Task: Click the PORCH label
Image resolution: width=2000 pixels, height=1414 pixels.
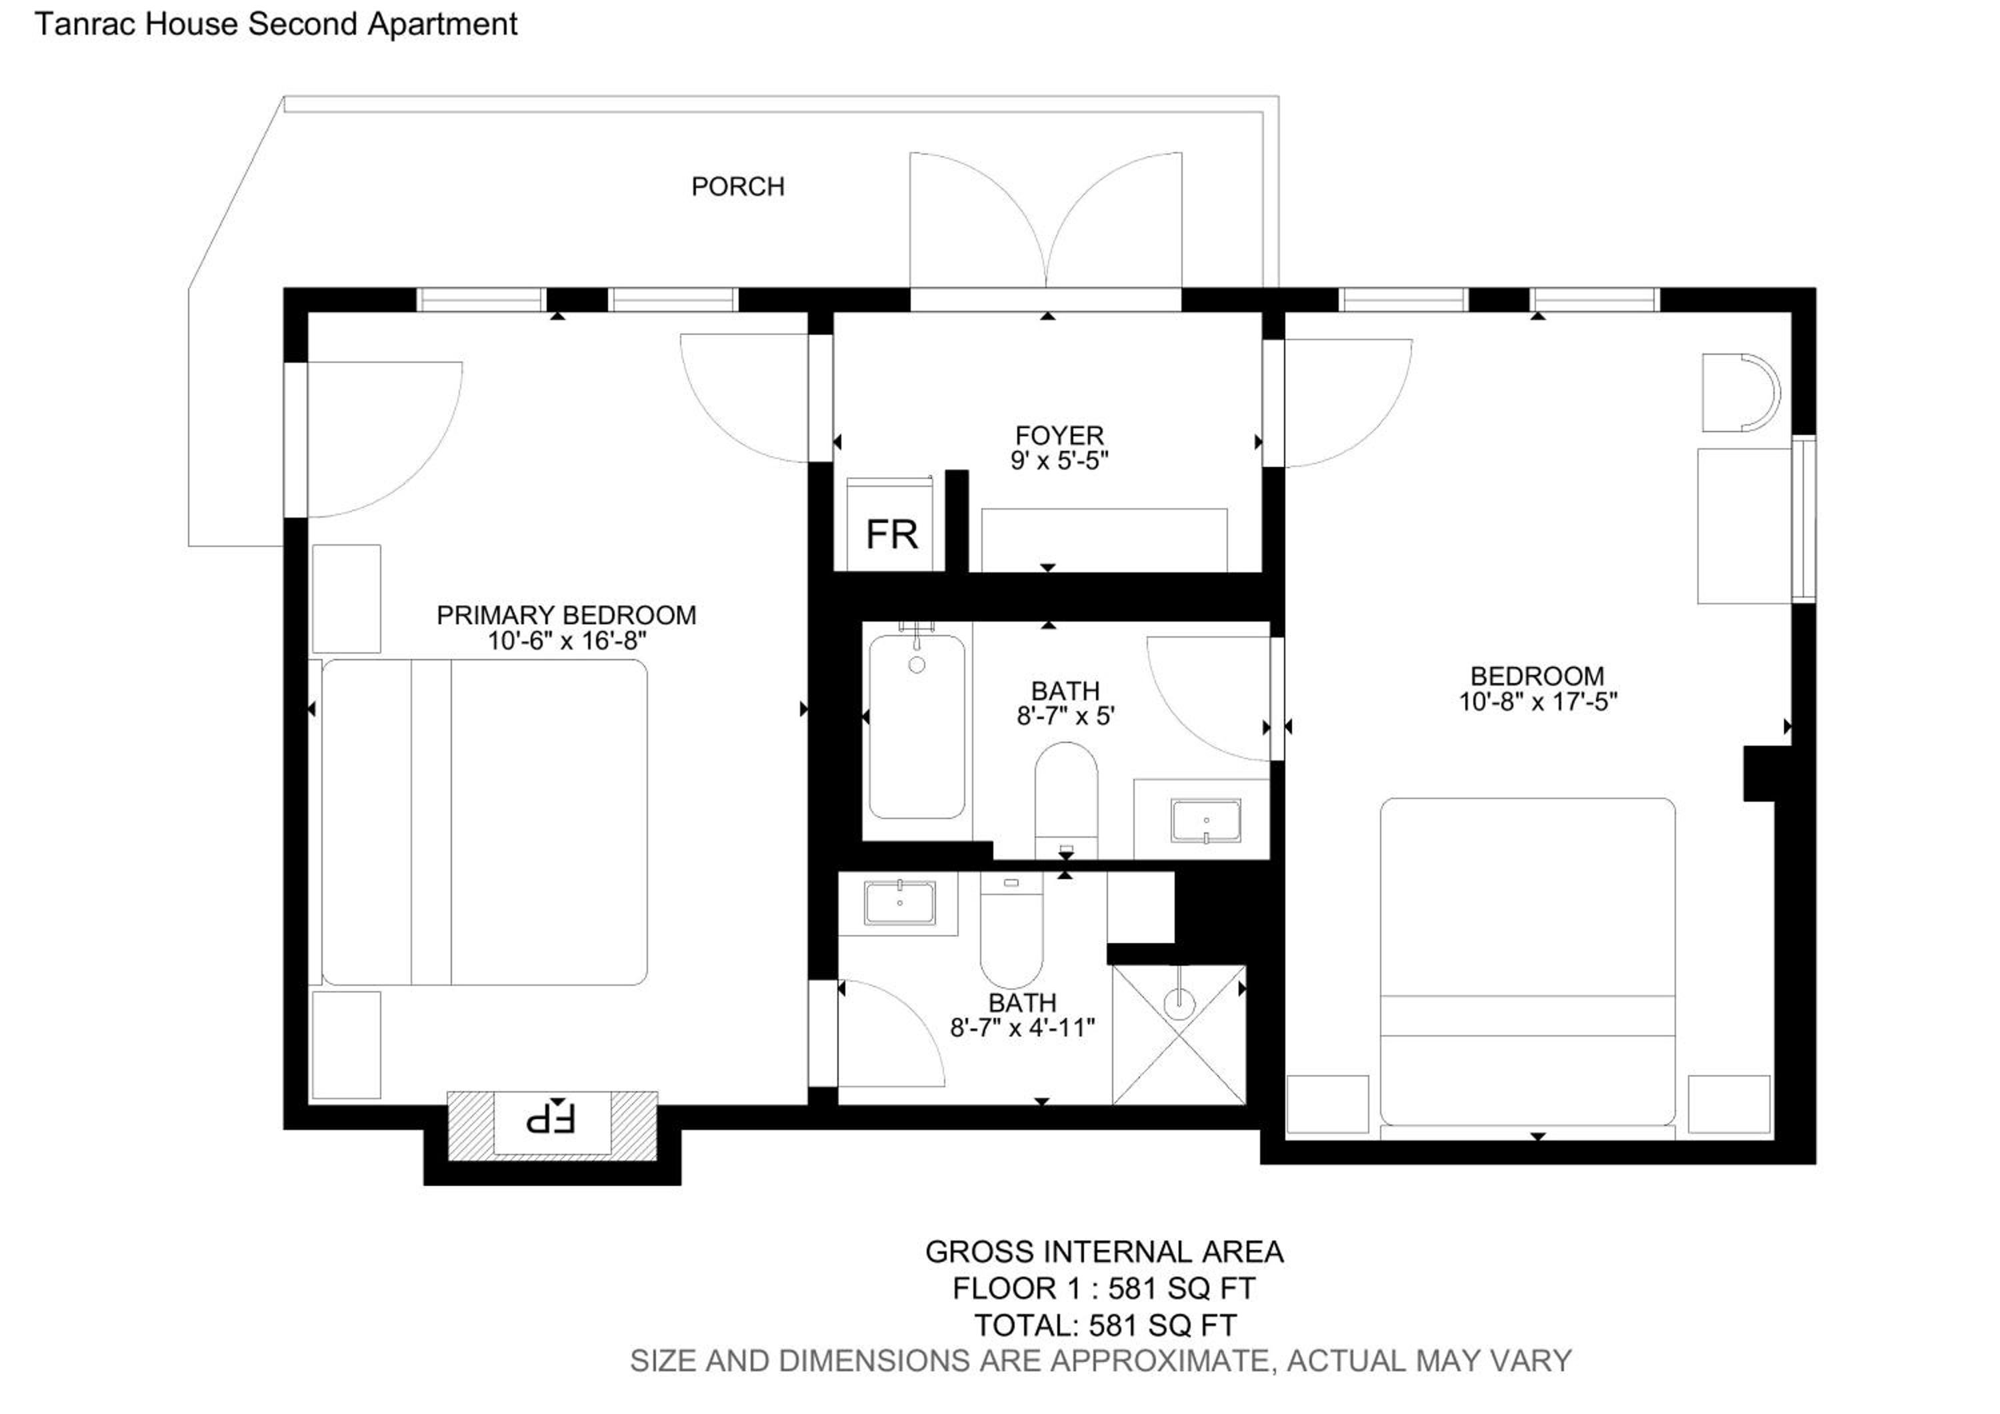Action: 738,187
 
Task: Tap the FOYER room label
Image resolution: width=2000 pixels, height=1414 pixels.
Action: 1059,435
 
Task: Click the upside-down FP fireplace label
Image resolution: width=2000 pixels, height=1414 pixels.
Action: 551,1118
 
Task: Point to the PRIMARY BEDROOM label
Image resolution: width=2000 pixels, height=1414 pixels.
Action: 566,615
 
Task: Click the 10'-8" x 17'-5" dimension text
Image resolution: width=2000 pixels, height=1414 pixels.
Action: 1538,702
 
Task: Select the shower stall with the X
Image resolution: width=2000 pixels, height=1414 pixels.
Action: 1179,1034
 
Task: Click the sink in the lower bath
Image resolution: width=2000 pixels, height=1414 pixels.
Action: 900,902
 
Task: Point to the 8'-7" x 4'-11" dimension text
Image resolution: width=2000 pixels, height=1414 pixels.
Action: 1023,1028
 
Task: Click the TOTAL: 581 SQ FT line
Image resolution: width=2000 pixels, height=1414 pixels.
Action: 1105,1325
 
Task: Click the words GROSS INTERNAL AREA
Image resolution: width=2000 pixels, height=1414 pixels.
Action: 1105,1252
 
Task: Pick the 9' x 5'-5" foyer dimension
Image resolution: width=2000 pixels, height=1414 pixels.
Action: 1059,460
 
